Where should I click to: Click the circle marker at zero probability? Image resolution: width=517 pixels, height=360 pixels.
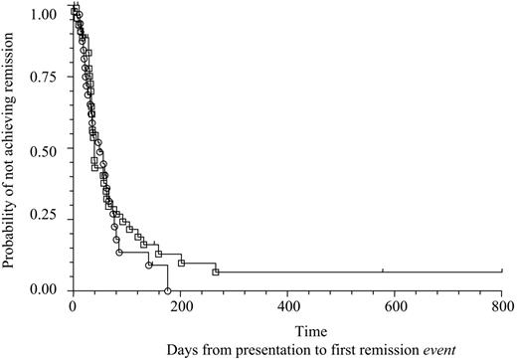[168, 290]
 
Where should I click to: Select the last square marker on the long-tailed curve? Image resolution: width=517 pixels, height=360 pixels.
[216, 271]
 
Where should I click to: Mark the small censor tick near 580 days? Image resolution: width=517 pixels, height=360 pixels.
[383, 270]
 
